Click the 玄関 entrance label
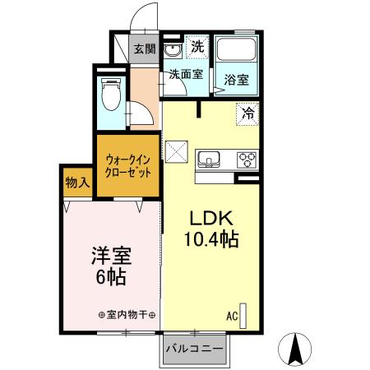(x=145, y=49)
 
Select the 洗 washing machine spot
(x=197, y=47)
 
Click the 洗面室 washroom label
(x=185, y=74)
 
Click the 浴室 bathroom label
(x=238, y=80)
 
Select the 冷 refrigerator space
(x=247, y=113)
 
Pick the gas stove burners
(x=247, y=157)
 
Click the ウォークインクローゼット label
(x=127, y=167)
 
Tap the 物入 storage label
(x=78, y=182)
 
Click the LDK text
(x=214, y=220)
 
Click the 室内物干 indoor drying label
(x=127, y=315)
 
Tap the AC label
(x=233, y=316)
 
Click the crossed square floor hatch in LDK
(x=178, y=152)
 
